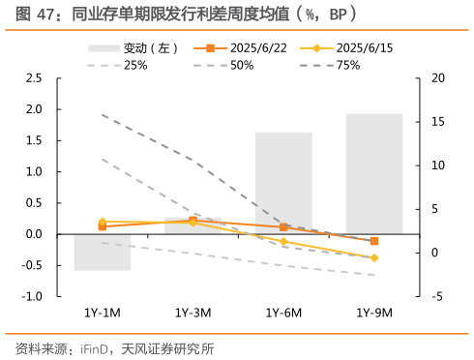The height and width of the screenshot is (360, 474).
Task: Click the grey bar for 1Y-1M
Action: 103,252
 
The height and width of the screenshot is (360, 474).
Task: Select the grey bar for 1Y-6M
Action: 283,183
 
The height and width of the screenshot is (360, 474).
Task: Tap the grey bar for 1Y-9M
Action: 373,173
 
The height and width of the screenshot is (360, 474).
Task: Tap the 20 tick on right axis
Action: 436,77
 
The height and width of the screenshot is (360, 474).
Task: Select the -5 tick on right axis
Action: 436,296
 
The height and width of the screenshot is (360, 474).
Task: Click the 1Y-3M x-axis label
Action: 193,313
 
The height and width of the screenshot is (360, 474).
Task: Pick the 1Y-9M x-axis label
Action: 373,313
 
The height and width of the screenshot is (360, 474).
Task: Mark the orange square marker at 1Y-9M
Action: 374,241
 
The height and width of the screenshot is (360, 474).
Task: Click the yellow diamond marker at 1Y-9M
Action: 374,258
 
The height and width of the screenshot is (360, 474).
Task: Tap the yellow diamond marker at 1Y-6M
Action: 283,242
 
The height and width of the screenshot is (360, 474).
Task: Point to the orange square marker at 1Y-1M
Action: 103,226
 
